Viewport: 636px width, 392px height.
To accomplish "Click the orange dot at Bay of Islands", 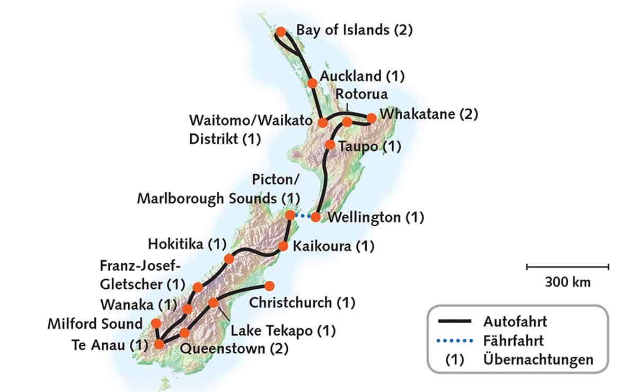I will pos(281,32).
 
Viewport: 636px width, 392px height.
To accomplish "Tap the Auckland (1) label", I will pos(363,76).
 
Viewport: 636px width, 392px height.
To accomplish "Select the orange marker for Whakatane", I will pos(372,118).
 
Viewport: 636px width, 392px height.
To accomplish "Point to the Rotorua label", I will pos(361,94).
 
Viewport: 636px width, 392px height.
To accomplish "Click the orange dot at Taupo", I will pos(330,144).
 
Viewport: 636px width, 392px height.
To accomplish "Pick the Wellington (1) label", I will pos(376,217).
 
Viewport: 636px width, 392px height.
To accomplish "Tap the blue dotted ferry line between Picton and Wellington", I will pos(303,216).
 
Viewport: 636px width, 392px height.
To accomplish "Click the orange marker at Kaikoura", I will pos(283,246).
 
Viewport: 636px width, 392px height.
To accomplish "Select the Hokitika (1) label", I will pos(187,244).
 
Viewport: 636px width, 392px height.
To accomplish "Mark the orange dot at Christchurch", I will pos(269,286).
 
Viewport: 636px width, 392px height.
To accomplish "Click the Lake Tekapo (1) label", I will pos(283,331).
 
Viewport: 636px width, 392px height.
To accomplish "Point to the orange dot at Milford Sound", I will pos(156,323).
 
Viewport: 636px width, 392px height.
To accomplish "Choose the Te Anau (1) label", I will pos(109,345).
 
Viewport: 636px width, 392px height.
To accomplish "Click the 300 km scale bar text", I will pos(567,282).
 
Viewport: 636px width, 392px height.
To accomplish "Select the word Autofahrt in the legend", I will pos(515,321).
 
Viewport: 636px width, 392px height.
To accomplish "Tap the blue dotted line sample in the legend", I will pos(455,341).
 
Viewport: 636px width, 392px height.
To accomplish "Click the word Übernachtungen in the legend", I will pos(538,360).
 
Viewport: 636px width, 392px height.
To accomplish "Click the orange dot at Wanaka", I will pos(187,309).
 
